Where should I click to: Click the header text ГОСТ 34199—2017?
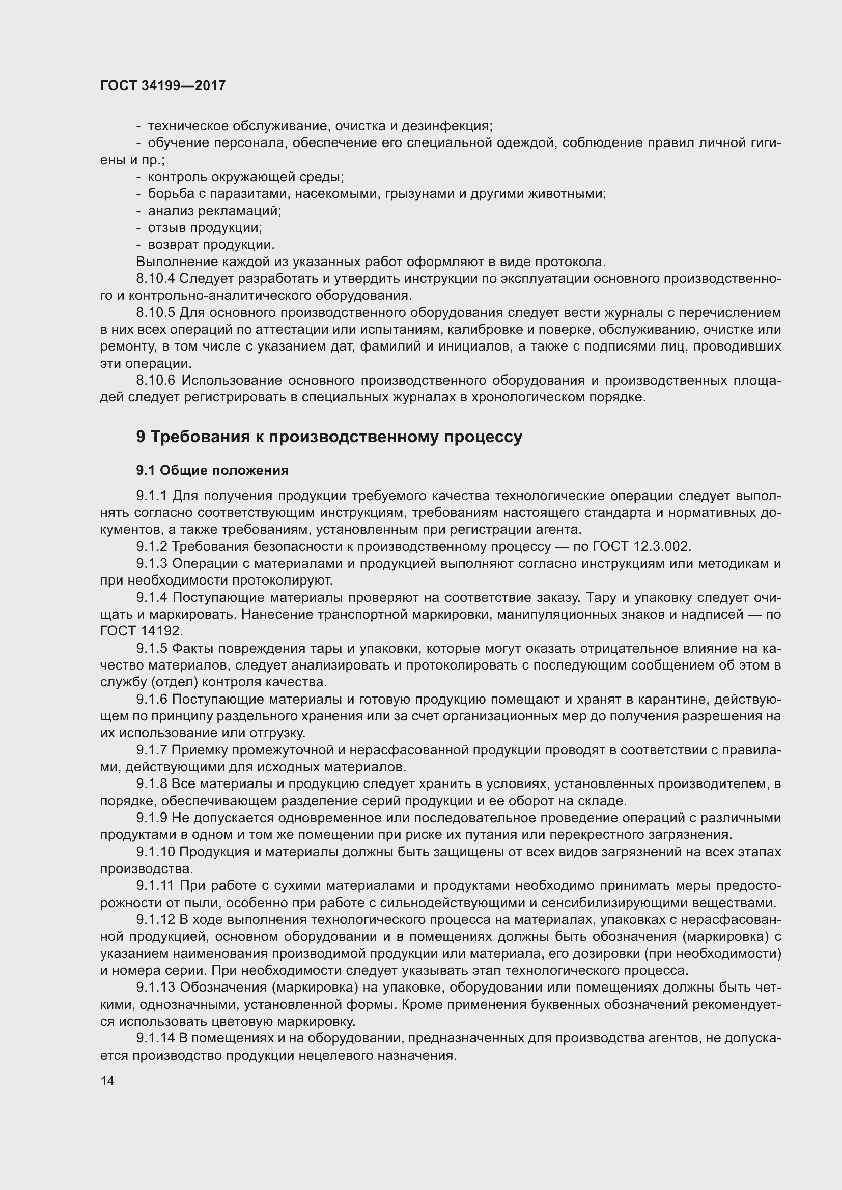pos(163,85)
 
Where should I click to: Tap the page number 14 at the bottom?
pos(107,1080)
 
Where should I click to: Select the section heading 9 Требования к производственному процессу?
pos(329,437)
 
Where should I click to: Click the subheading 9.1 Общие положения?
pos(212,470)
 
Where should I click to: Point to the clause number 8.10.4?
pos(155,279)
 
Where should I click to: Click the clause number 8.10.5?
pos(155,312)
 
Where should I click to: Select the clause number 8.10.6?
pos(156,381)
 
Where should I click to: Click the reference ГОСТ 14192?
pos(141,631)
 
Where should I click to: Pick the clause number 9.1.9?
pos(151,818)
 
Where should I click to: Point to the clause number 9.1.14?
pos(155,1038)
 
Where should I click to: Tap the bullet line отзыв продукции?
pos(204,227)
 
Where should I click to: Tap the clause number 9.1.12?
pos(155,919)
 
